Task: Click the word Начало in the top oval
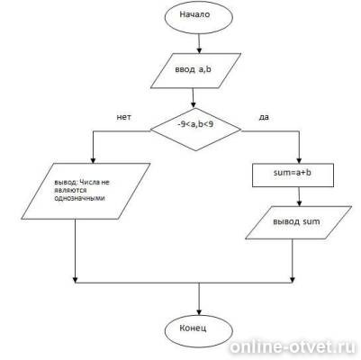[x=194, y=14]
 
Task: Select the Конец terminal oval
[x=199, y=330]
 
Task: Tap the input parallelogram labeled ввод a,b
[x=195, y=71]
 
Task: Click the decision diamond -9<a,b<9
[x=195, y=130]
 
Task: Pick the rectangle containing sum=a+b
[x=293, y=175]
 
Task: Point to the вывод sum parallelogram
[x=298, y=222]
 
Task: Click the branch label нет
[x=123, y=117]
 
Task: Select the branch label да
[x=264, y=117]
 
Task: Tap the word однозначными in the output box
[x=79, y=198]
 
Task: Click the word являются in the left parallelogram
[x=70, y=191]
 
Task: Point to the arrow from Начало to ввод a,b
[x=199, y=43]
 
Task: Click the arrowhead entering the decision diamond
[x=194, y=105]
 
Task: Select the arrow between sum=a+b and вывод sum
[x=299, y=196]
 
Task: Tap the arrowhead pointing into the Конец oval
[x=199, y=310]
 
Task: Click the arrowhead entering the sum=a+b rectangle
[x=299, y=160]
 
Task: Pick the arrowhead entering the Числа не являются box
[x=93, y=160]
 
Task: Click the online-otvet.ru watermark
[x=293, y=347]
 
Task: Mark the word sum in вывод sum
[x=311, y=222]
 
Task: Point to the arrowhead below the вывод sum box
[x=293, y=280]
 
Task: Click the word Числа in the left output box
[x=89, y=183]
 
